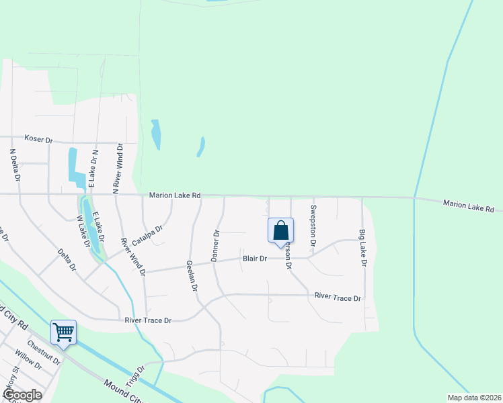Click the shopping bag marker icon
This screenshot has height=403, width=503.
[x=280, y=230]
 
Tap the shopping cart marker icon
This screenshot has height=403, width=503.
[x=63, y=332]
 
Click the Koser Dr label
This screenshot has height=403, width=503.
[x=38, y=139]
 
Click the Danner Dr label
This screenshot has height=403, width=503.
[x=216, y=247]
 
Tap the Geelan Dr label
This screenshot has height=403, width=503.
[x=192, y=276]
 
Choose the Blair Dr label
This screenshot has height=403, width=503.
[x=255, y=259]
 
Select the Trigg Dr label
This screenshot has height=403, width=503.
[x=136, y=373]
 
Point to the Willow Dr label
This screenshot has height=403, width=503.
[x=28, y=367]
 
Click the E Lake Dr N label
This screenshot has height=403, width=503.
[x=93, y=169]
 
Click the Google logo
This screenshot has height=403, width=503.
[x=22, y=395]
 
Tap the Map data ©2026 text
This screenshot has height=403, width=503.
[x=473, y=398]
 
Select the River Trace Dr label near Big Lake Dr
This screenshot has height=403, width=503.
[x=338, y=297]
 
